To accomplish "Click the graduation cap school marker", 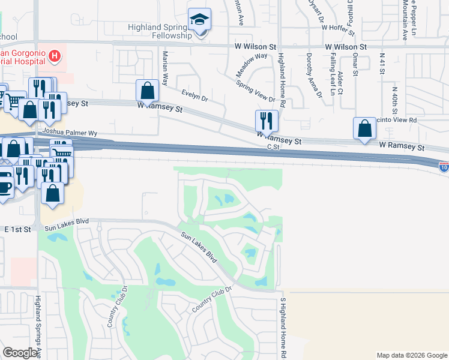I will tap(199, 20).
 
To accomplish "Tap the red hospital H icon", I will tap(55, 57).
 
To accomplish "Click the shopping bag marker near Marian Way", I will tap(147, 92).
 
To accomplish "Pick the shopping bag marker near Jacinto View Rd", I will tap(364, 128).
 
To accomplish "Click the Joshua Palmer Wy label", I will tap(69, 134).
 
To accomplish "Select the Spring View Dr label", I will tap(255, 91).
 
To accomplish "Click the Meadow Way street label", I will tap(251, 64).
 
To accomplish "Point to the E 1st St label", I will tap(17, 230).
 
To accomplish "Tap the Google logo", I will tap(20, 353).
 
